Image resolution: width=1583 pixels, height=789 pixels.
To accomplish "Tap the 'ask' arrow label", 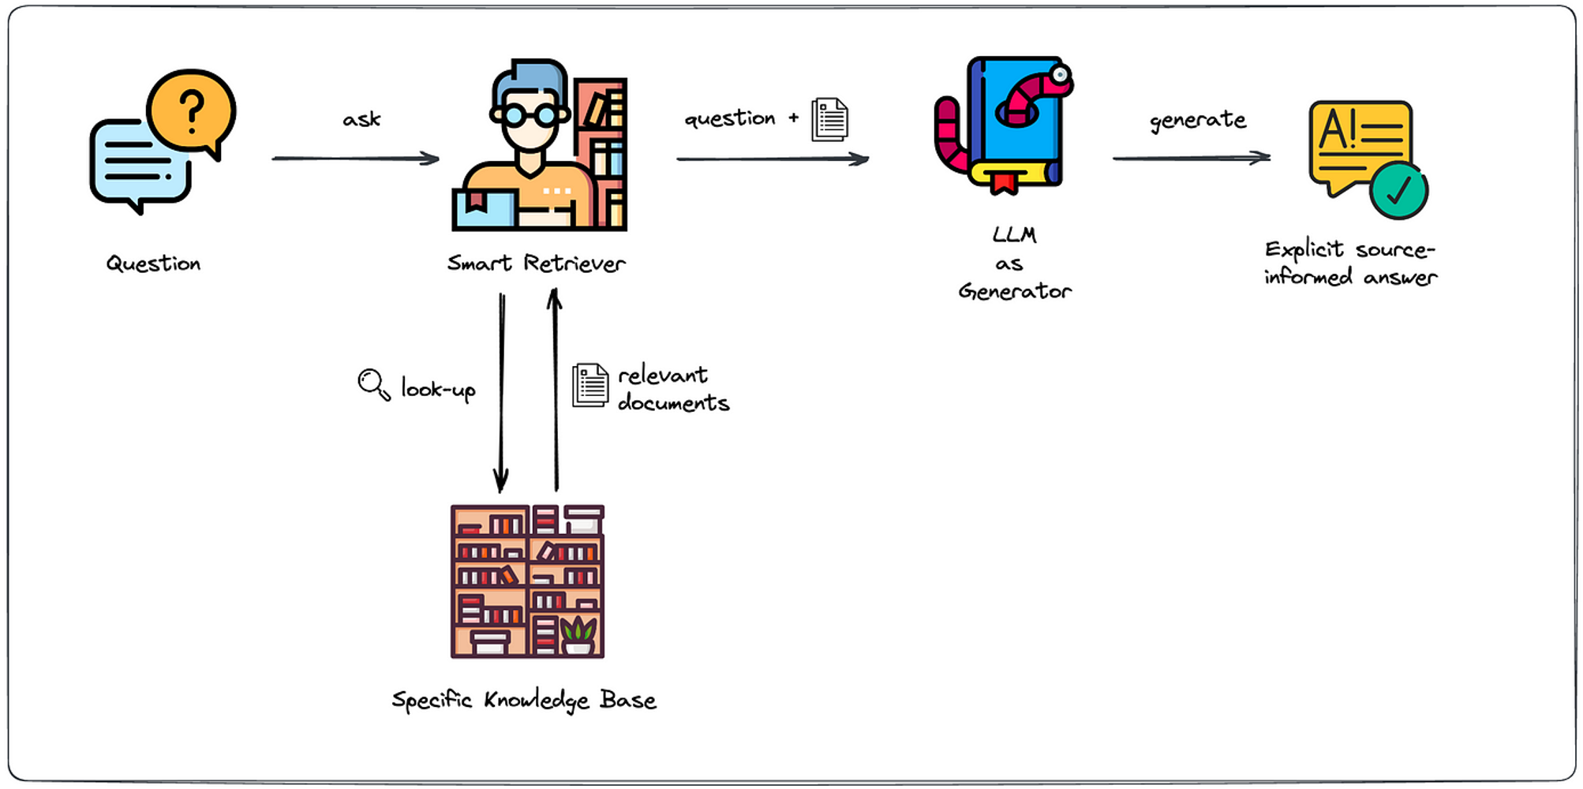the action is pyautogui.click(x=361, y=119).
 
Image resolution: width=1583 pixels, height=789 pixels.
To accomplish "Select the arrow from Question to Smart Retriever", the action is pyautogui.click(x=355, y=159).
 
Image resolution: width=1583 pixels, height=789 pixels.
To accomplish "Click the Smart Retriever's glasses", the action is pyautogui.click(x=530, y=115).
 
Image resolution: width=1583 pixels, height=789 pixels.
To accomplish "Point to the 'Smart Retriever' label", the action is pyautogui.click(x=537, y=263).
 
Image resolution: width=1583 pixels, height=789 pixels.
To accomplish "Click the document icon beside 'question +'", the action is pyautogui.click(x=830, y=120).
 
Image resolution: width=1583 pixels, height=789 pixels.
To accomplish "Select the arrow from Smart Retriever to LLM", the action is pyautogui.click(x=773, y=159).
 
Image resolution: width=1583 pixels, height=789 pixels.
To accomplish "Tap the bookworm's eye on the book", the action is pyautogui.click(x=1060, y=75).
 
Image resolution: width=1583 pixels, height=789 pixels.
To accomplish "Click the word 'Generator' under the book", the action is pyautogui.click(x=1015, y=292).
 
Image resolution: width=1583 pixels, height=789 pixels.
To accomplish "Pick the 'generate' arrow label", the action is pyautogui.click(x=1198, y=120).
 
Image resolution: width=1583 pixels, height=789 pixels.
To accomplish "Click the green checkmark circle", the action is pyautogui.click(x=1398, y=190).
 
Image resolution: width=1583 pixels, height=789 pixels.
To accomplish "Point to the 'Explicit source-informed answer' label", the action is pyautogui.click(x=1350, y=263).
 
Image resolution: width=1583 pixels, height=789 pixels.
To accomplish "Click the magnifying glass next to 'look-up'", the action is pyautogui.click(x=374, y=384).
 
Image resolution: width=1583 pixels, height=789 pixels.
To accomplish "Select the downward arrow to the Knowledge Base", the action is pyautogui.click(x=501, y=393).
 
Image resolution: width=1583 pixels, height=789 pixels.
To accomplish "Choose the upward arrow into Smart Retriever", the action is pyautogui.click(x=556, y=390).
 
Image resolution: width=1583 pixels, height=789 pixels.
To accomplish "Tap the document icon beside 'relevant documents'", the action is pyautogui.click(x=590, y=385).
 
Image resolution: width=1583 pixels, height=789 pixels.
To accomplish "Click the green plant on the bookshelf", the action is pyautogui.click(x=578, y=630).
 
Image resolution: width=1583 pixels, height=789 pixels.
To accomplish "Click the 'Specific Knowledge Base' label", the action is pyautogui.click(x=524, y=700).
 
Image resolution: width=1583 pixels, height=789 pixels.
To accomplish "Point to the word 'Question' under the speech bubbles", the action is pyautogui.click(x=154, y=264).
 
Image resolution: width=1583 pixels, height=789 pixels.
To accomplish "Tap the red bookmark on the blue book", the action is pyautogui.click(x=1004, y=182).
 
